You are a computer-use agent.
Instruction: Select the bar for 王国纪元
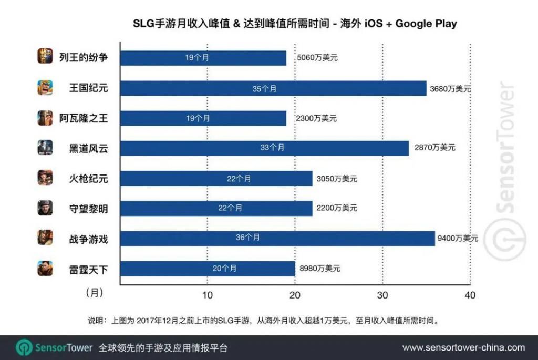point(273,88)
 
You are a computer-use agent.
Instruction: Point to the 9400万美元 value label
point(457,238)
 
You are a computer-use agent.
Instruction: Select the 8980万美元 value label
point(319,269)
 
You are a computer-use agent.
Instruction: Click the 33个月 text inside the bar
point(272,148)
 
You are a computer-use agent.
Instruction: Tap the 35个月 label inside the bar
point(264,88)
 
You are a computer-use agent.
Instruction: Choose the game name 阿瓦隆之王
point(84,118)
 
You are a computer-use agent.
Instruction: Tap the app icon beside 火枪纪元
point(45,178)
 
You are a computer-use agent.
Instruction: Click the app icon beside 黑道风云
point(45,148)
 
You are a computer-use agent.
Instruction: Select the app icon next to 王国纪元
point(45,88)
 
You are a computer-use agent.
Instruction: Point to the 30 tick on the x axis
point(382,295)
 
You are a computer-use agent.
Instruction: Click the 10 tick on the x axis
point(208,295)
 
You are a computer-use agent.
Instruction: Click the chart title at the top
point(294,24)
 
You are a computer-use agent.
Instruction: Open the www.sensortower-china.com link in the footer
point(463,347)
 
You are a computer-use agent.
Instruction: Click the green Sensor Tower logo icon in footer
point(24,347)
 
